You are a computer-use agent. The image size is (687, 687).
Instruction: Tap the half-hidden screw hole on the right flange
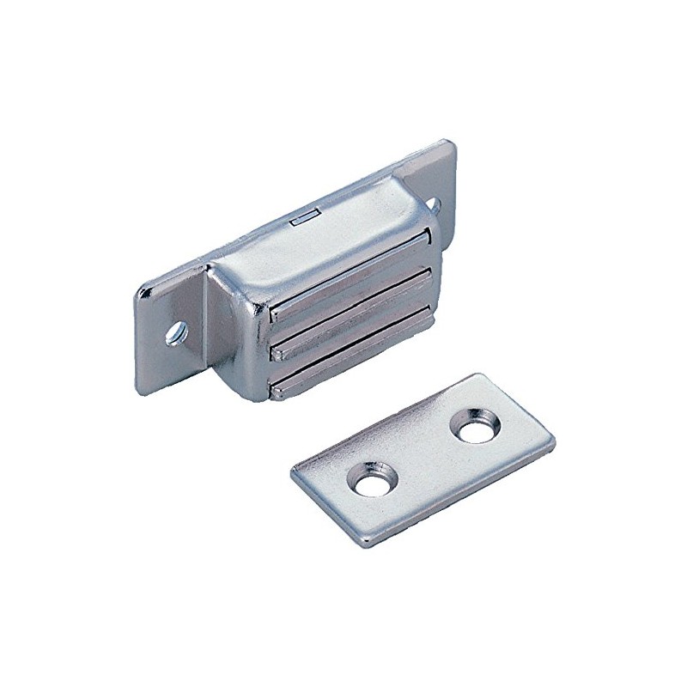(435, 205)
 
